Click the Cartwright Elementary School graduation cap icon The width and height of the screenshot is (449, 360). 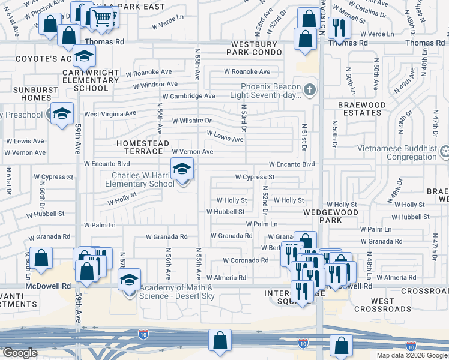[x=85, y=56]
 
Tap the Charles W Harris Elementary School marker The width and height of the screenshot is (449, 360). [x=182, y=170]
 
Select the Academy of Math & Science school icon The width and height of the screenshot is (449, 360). [x=129, y=280]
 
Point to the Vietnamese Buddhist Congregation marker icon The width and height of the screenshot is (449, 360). [x=444, y=151]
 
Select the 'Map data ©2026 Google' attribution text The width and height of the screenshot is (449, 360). [x=412, y=355]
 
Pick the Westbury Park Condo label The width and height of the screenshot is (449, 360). [x=254, y=48]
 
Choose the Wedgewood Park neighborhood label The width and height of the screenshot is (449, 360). [x=331, y=216]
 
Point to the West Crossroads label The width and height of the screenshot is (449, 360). [x=391, y=305]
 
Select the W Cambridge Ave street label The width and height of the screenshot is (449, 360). [x=188, y=96]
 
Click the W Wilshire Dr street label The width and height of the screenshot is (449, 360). [x=191, y=121]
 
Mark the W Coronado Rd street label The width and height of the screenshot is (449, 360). [x=245, y=260]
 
